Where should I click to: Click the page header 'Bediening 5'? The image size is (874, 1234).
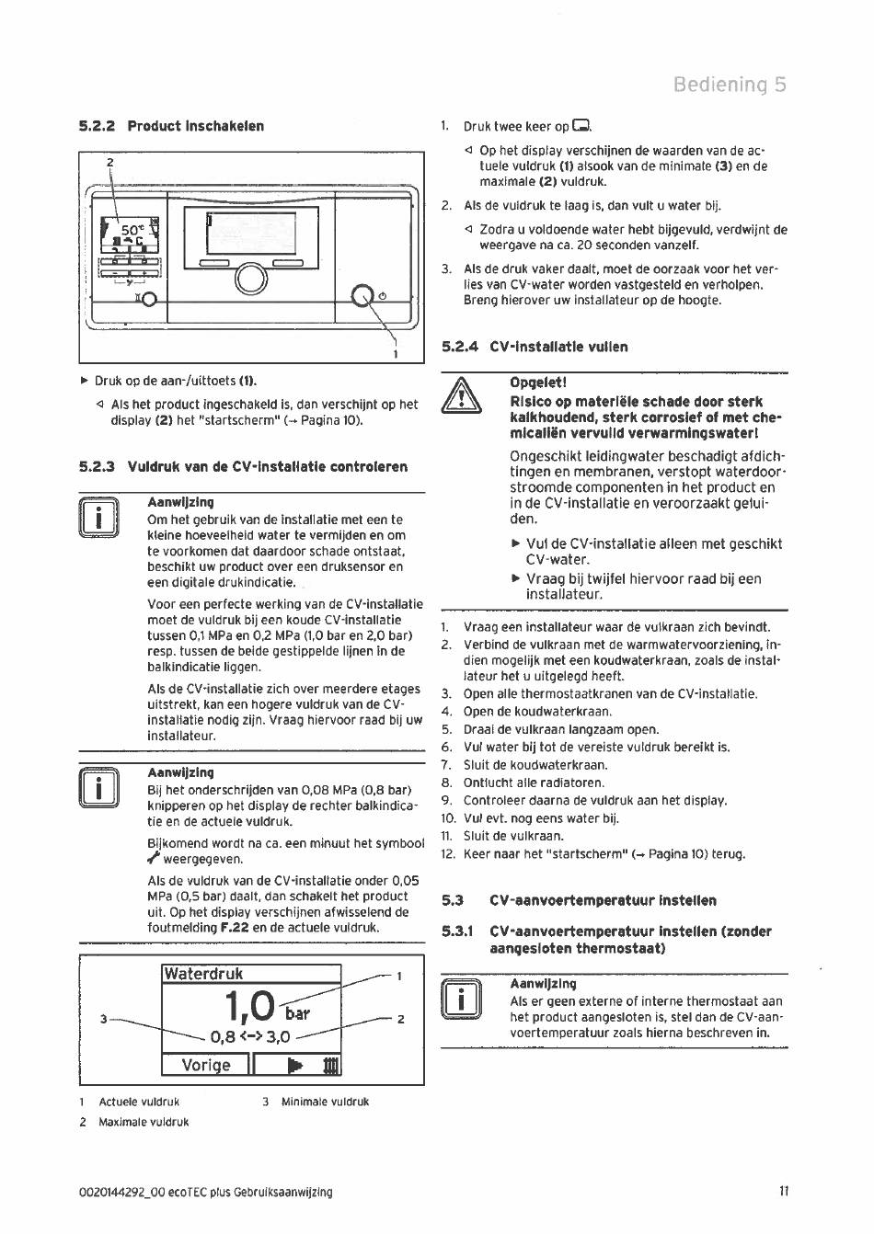click(x=730, y=85)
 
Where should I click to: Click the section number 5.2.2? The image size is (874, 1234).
click(x=97, y=126)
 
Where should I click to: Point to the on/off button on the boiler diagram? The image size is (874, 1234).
click(x=363, y=295)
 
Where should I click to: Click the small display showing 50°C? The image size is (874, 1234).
click(x=129, y=232)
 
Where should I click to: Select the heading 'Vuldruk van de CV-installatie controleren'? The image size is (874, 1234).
click(x=267, y=466)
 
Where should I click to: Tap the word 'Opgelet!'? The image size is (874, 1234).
click(x=538, y=383)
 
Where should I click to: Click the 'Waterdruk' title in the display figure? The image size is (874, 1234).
click(x=203, y=974)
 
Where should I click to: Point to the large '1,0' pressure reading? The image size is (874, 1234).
click(x=248, y=1006)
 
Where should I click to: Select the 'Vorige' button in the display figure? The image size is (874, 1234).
click(x=206, y=1065)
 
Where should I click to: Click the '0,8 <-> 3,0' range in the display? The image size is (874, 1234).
click(x=250, y=1037)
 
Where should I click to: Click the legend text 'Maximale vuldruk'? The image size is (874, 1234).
click(x=144, y=1122)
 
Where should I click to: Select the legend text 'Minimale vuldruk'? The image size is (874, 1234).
click(x=325, y=1102)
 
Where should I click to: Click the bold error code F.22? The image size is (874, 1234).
click(x=235, y=928)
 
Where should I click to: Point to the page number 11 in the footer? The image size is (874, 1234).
click(x=784, y=1192)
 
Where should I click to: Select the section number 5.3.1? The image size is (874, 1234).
click(x=457, y=931)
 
